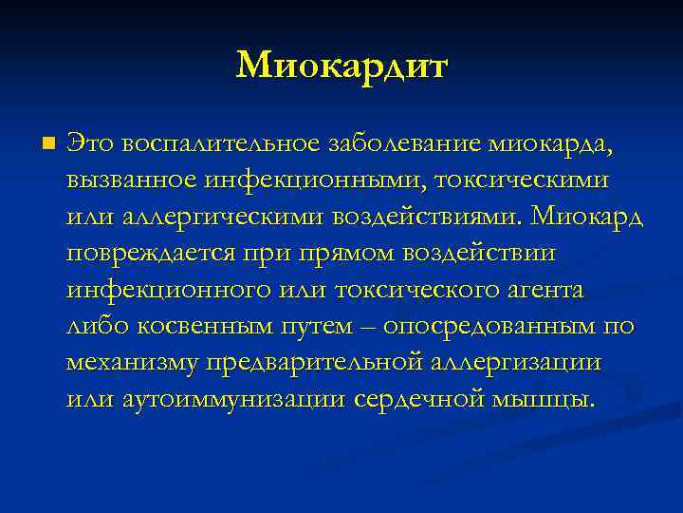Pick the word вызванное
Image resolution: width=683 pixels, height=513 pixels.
point(132,180)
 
